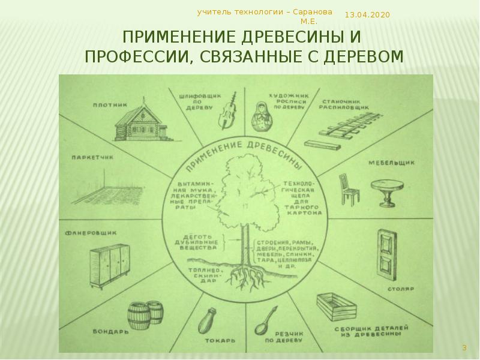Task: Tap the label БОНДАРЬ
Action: coord(107,331)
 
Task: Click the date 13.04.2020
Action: coord(367,14)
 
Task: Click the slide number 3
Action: coord(464,347)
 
